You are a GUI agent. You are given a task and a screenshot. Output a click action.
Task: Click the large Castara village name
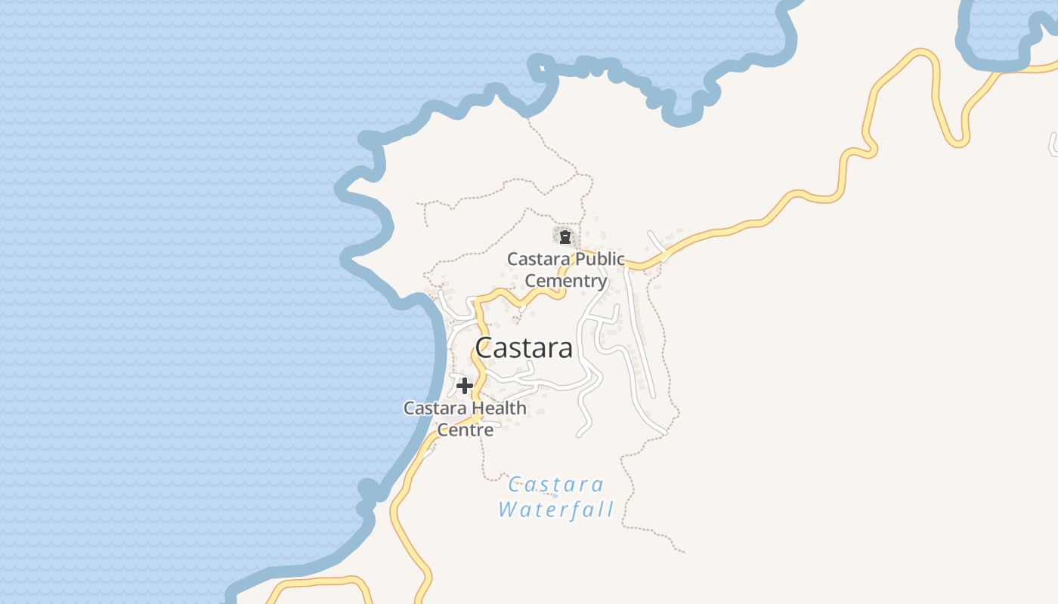coord(523,348)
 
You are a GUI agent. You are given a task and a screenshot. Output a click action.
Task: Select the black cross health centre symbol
coord(465,386)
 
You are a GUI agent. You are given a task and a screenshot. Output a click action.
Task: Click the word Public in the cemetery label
coord(599,259)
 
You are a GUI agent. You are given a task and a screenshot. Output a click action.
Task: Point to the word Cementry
coord(566,281)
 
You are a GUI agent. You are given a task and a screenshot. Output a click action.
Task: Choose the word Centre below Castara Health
coord(466,430)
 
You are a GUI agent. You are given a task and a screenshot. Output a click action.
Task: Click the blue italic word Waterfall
coord(555,509)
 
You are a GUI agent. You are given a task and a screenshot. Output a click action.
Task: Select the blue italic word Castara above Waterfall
coord(555,484)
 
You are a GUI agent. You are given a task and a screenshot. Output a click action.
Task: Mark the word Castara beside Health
coord(433,408)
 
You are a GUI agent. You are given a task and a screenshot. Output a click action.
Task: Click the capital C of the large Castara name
coord(485,348)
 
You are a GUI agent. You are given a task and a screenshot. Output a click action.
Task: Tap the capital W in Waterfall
coord(508,509)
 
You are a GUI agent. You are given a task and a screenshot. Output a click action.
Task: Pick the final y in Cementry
coord(602,282)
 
